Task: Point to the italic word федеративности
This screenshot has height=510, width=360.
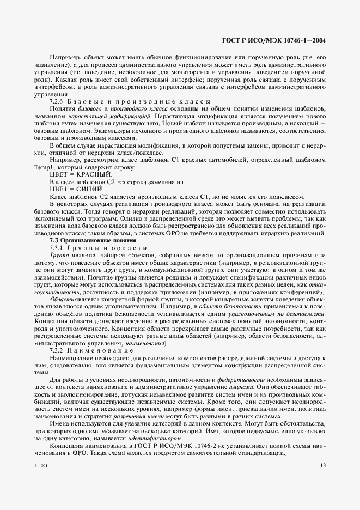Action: [224, 379]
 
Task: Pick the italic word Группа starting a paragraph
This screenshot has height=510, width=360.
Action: [59, 255]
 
